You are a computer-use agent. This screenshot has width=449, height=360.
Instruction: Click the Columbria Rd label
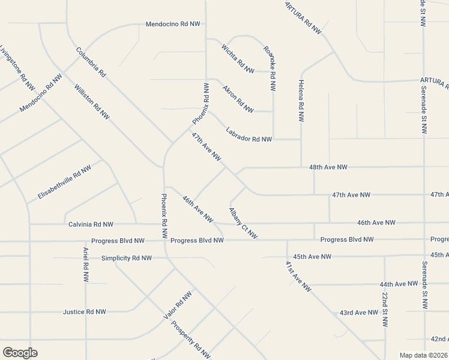coord(91,62)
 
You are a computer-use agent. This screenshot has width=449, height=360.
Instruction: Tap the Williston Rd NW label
coord(92,101)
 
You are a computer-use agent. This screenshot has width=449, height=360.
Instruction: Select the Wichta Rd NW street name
coord(238,58)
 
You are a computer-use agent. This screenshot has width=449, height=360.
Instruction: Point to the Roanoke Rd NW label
coord(270,68)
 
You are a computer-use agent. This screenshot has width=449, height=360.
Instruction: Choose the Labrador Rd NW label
coord(249,135)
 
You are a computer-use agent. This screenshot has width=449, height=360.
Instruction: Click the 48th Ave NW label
coord(328,168)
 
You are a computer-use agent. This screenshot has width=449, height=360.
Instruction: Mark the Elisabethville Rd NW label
coord(64,182)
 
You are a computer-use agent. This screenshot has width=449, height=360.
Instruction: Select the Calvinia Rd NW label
coord(91,224)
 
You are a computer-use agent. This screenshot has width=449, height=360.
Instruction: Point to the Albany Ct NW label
coord(243,223)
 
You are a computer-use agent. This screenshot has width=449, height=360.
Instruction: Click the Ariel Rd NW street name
coord(86,265)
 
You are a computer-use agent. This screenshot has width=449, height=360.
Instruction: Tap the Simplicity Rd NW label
coord(126,258)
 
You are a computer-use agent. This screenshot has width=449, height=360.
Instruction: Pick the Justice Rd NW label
coord(84,312)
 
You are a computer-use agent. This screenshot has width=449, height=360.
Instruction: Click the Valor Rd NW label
coord(178,305)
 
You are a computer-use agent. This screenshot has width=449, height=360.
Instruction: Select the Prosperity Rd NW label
coord(191,340)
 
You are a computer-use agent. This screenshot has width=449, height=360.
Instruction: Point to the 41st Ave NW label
coord(298,276)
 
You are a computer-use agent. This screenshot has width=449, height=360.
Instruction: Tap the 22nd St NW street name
coord(385,310)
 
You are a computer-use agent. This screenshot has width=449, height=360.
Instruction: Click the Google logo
coord(20,353)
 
